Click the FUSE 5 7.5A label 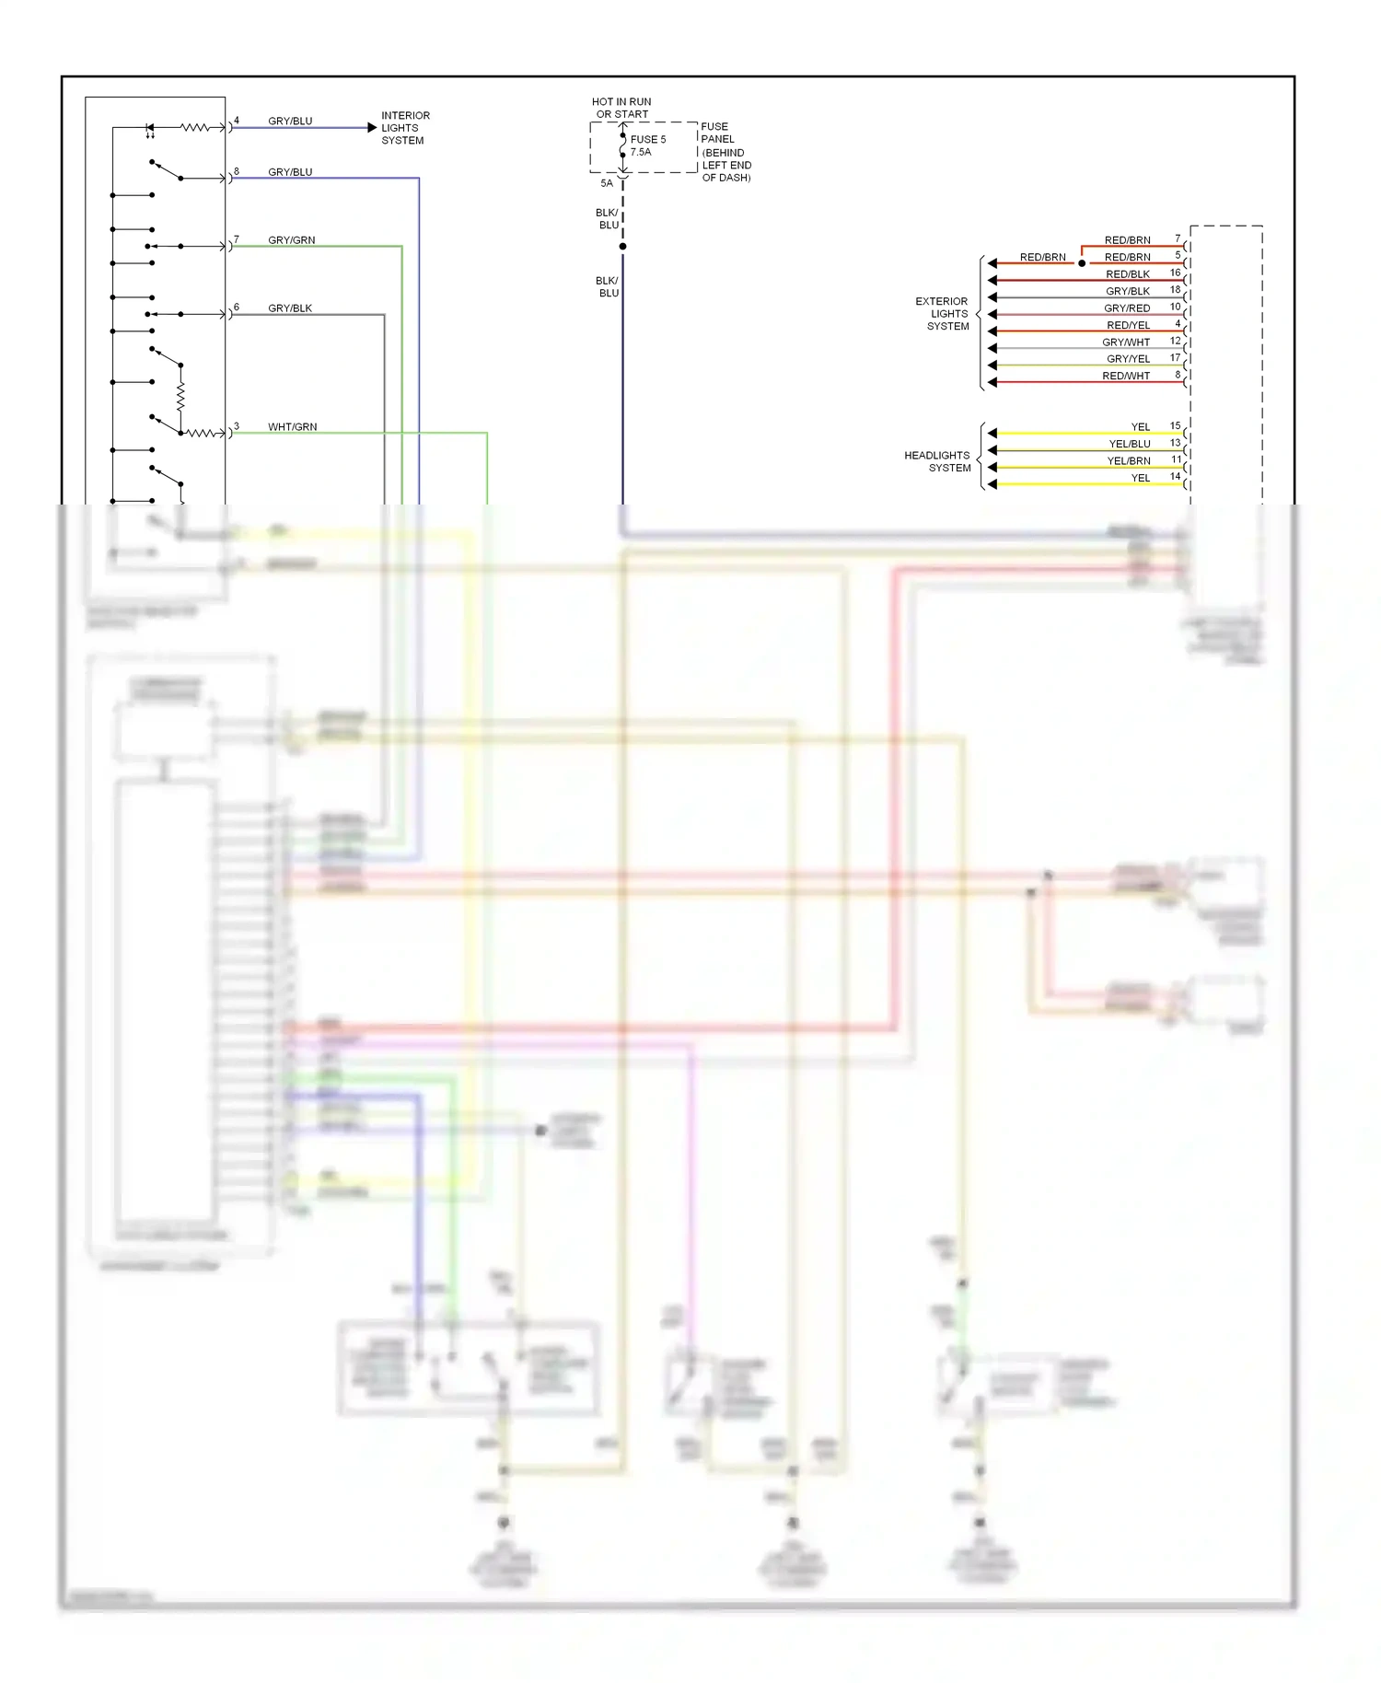[x=647, y=145]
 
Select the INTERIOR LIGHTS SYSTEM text [x=404, y=128]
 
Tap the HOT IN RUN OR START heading [x=621, y=108]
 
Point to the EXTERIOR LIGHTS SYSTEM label [x=943, y=314]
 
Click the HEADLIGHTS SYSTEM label [x=937, y=461]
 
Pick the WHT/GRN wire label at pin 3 [x=292, y=427]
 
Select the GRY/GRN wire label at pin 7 [x=291, y=240]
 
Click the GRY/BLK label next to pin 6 [x=290, y=308]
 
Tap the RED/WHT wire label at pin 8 [x=1126, y=376]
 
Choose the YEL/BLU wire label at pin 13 [x=1129, y=444]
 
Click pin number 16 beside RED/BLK [x=1175, y=273]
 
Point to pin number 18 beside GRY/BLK [x=1175, y=289]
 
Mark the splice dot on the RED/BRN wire [x=1082, y=263]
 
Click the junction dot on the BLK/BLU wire [x=623, y=247]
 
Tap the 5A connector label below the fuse [x=607, y=183]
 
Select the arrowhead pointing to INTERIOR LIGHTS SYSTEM [x=372, y=128]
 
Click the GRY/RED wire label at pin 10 [x=1127, y=308]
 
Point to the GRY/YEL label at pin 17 [x=1128, y=359]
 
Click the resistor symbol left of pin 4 [x=194, y=127]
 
